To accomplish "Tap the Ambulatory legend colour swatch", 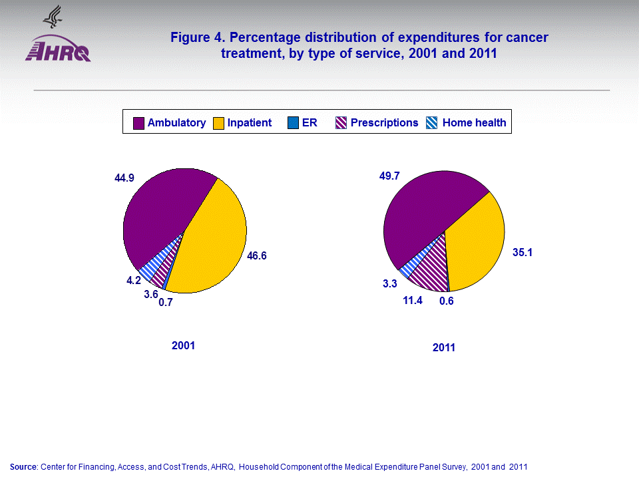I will point(139,123).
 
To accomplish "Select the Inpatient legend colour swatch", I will point(219,123).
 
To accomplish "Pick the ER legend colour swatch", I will point(294,123).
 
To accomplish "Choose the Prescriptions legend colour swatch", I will point(341,123).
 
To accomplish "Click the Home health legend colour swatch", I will point(432,123).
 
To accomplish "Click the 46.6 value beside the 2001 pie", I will point(257,255).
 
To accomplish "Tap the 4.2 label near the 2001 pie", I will point(134,281).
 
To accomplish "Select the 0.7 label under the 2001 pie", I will point(166,303).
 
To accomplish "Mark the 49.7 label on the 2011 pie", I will point(390,175).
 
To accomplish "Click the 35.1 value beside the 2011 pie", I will point(523,252).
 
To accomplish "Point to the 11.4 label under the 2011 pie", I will point(413,301).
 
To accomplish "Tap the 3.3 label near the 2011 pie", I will point(389,284).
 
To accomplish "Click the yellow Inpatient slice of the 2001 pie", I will point(213,246).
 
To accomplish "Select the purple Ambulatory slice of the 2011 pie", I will point(419,206).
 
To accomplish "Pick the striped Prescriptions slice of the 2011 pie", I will point(430,269).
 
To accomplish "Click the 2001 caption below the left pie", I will point(183,346).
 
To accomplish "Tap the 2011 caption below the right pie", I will point(444,347).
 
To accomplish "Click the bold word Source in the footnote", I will point(24,467).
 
